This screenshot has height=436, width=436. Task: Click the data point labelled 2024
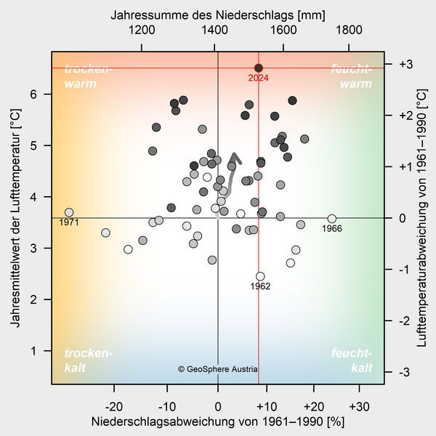(259, 68)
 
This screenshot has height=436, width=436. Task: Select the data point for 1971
(69, 213)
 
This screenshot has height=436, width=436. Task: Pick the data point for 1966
(332, 219)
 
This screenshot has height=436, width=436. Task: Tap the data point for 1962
(260, 276)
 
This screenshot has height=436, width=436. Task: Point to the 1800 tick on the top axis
(349, 31)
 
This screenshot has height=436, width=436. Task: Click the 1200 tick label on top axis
(141, 31)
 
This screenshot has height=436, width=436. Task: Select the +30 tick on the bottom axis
(358, 405)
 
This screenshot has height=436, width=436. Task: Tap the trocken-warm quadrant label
(89, 76)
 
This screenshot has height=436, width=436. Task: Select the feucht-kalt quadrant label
(352, 360)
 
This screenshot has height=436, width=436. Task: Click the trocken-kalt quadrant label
(89, 360)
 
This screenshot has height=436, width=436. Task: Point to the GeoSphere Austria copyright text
(218, 369)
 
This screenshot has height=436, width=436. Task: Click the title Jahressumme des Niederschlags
(218, 15)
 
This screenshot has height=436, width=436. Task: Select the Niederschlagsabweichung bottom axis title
(217, 421)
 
